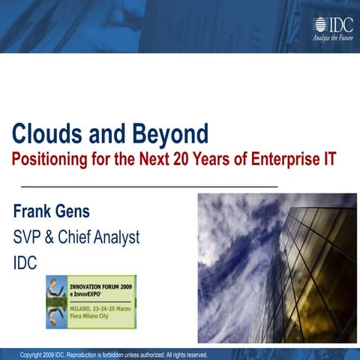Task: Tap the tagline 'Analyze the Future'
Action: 332,39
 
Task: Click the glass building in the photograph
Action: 315,270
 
